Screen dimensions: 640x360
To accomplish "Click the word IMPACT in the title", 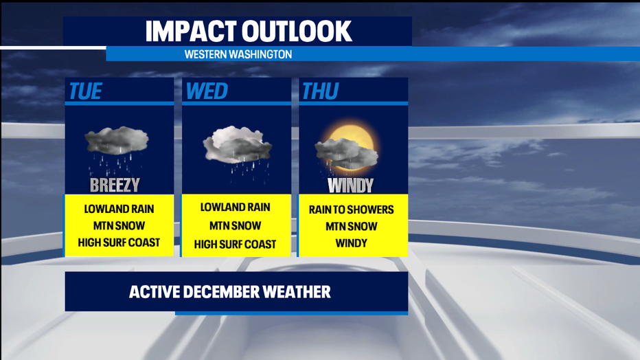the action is pyautogui.click(x=191, y=32).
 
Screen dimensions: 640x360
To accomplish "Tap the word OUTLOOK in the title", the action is pyautogui.click(x=297, y=32).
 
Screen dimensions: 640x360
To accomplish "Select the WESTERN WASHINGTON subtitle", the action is pyautogui.click(x=238, y=54).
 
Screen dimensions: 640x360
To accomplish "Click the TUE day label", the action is pyautogui.click(x=85, y=91).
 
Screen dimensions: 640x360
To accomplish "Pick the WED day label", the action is pyautogui.click(x=207, y=91).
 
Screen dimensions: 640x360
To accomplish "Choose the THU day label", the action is pyautogui.click(x=321, y=91).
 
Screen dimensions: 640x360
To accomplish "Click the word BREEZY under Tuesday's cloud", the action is pyautogui.click(x=115, y=185).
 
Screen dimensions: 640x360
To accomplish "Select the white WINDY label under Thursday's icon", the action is pyautogui.click(x=351, y=185).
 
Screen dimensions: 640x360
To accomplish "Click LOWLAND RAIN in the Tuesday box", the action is pyautogui.click(x=119, y=209).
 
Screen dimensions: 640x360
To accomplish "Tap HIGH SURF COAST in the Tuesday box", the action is pyautogui.click(x=119, y=243).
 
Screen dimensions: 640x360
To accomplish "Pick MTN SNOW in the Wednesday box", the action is pyautogui.click(x=235, y=226).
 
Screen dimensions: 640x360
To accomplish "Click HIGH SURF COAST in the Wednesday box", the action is pyautogui.click(x=235, y=245).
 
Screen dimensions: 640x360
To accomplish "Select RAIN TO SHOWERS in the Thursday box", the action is pyautogui.click(x=352, y=210).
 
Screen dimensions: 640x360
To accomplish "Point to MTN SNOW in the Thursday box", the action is pyautogui.click(x=352, y=227).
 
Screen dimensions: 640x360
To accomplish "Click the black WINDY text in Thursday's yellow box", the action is pyautogui.click(x=352, y=243).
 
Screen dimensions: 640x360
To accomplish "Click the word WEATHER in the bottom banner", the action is pyautogui.click(x=297, y=292).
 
